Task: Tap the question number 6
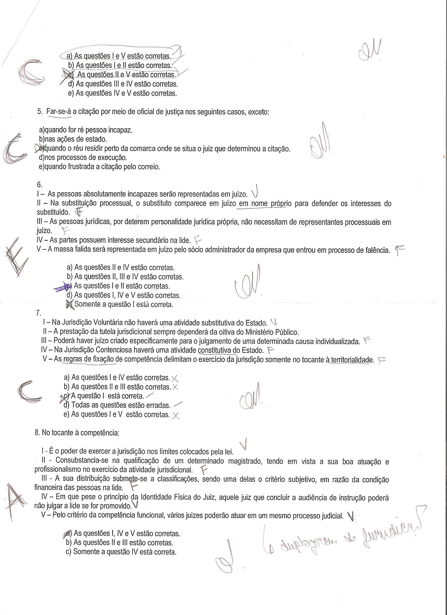pos(39,185)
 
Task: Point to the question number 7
pos(38,313)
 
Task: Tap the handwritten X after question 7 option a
pos(175,378)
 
